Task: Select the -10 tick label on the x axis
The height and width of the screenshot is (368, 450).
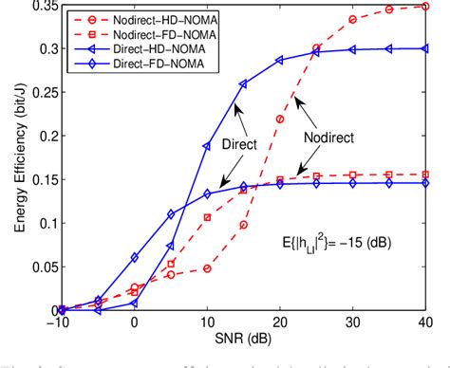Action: (x=59, y=323)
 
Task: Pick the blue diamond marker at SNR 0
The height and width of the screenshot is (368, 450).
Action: (x=134, y=257)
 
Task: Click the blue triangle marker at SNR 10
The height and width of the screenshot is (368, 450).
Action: (x=207, y=146)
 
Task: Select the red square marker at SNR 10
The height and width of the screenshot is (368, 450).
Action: (x=207, y=217)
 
